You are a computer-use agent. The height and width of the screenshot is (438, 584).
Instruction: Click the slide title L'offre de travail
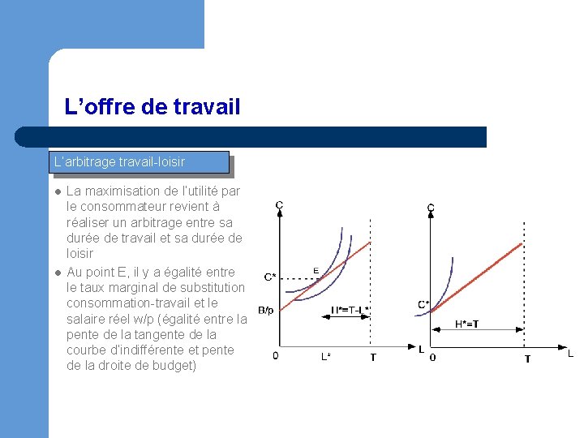tap(152, 106)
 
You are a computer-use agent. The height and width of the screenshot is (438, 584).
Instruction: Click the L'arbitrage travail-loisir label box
tap(139, 162)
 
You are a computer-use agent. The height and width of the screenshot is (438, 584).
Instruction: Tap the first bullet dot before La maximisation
tap(58, 192)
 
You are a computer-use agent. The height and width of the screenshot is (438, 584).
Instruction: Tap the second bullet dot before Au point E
tap(58, 273)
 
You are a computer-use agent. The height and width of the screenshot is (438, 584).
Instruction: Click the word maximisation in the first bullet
tap(123, 192)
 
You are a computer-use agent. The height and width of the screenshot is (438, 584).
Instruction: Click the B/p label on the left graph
tap(267, 310)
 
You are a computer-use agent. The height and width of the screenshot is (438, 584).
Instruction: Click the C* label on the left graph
tap(270, 277)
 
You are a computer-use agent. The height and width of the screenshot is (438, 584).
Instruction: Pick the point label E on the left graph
tap(316, 270)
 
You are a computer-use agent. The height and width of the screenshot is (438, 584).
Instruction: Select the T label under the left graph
tap(372, 358)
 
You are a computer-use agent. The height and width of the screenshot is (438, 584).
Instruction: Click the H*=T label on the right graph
tap(466, 324)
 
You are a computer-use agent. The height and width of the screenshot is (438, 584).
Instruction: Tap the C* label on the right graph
tap(423, 305)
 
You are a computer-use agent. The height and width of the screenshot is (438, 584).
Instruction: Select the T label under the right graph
tap(527, 359)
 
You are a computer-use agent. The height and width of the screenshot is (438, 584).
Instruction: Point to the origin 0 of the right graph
tap(432, 357)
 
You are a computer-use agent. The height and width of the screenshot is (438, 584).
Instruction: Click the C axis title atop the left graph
tap(279, 206)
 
